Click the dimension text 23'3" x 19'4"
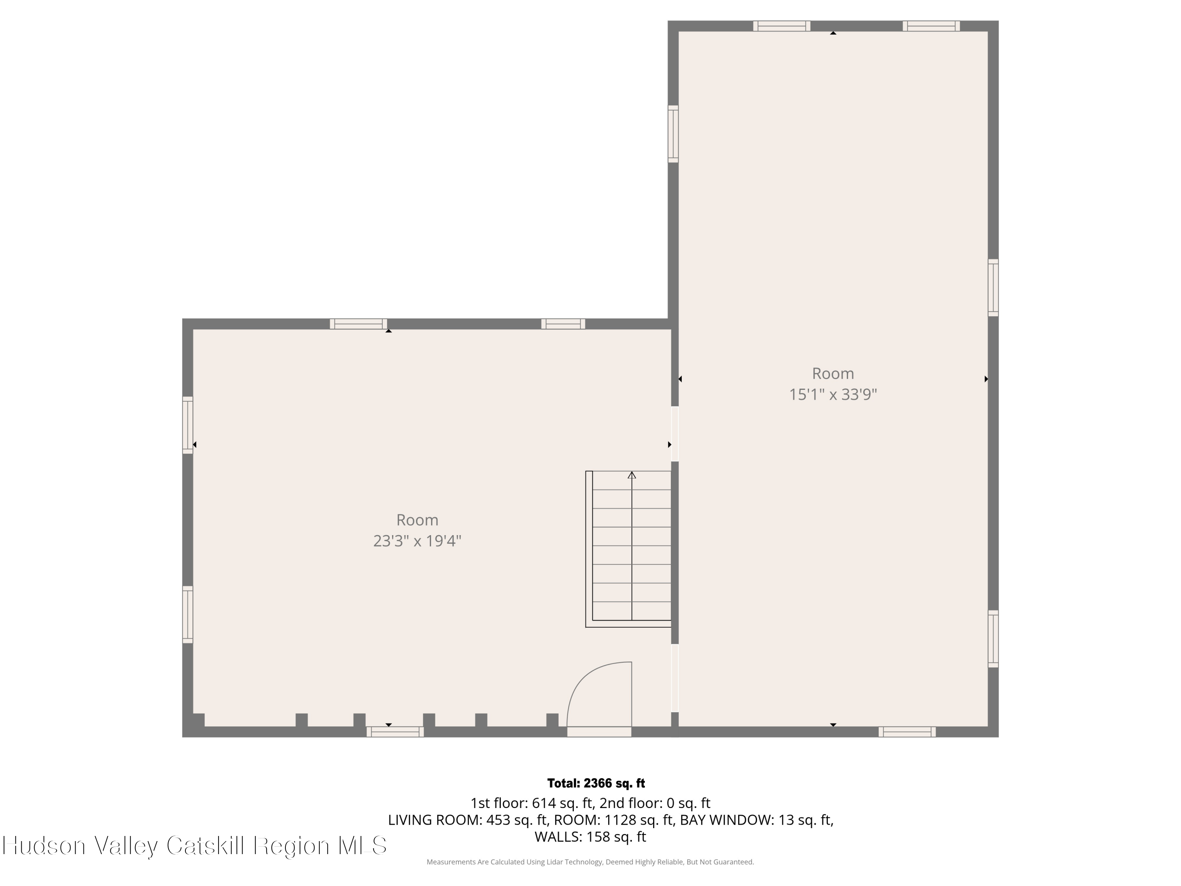click(417, 541)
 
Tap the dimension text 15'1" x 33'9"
click(833, 395)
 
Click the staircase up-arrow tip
click(631, 473)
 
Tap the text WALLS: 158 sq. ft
click(590, 837)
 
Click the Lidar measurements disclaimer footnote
click(590, 862)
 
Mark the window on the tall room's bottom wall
click(907, 732)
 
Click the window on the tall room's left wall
click(673, 133)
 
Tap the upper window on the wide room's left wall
click(188, 425)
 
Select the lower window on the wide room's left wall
click(188, 615)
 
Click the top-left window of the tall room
click(782, 26)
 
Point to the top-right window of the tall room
click(931, 26)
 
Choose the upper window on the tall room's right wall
click(993, 287)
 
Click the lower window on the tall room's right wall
click(993, 639)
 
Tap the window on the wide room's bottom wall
click(395, 732)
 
